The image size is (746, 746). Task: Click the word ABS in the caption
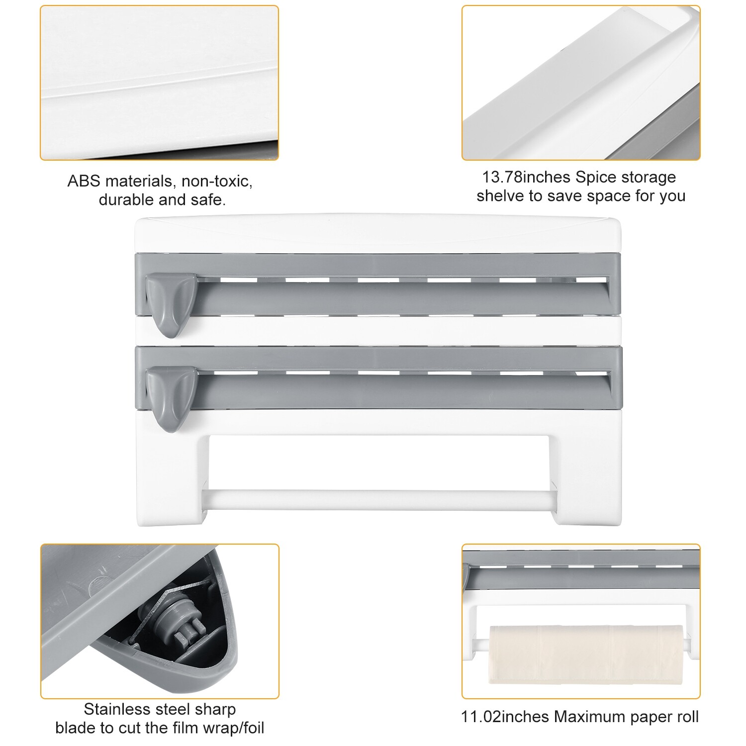(84, 182)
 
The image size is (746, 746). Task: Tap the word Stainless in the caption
(117, 709)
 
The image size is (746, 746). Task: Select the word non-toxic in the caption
(217, 182)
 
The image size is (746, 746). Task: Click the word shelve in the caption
(501, 196)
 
